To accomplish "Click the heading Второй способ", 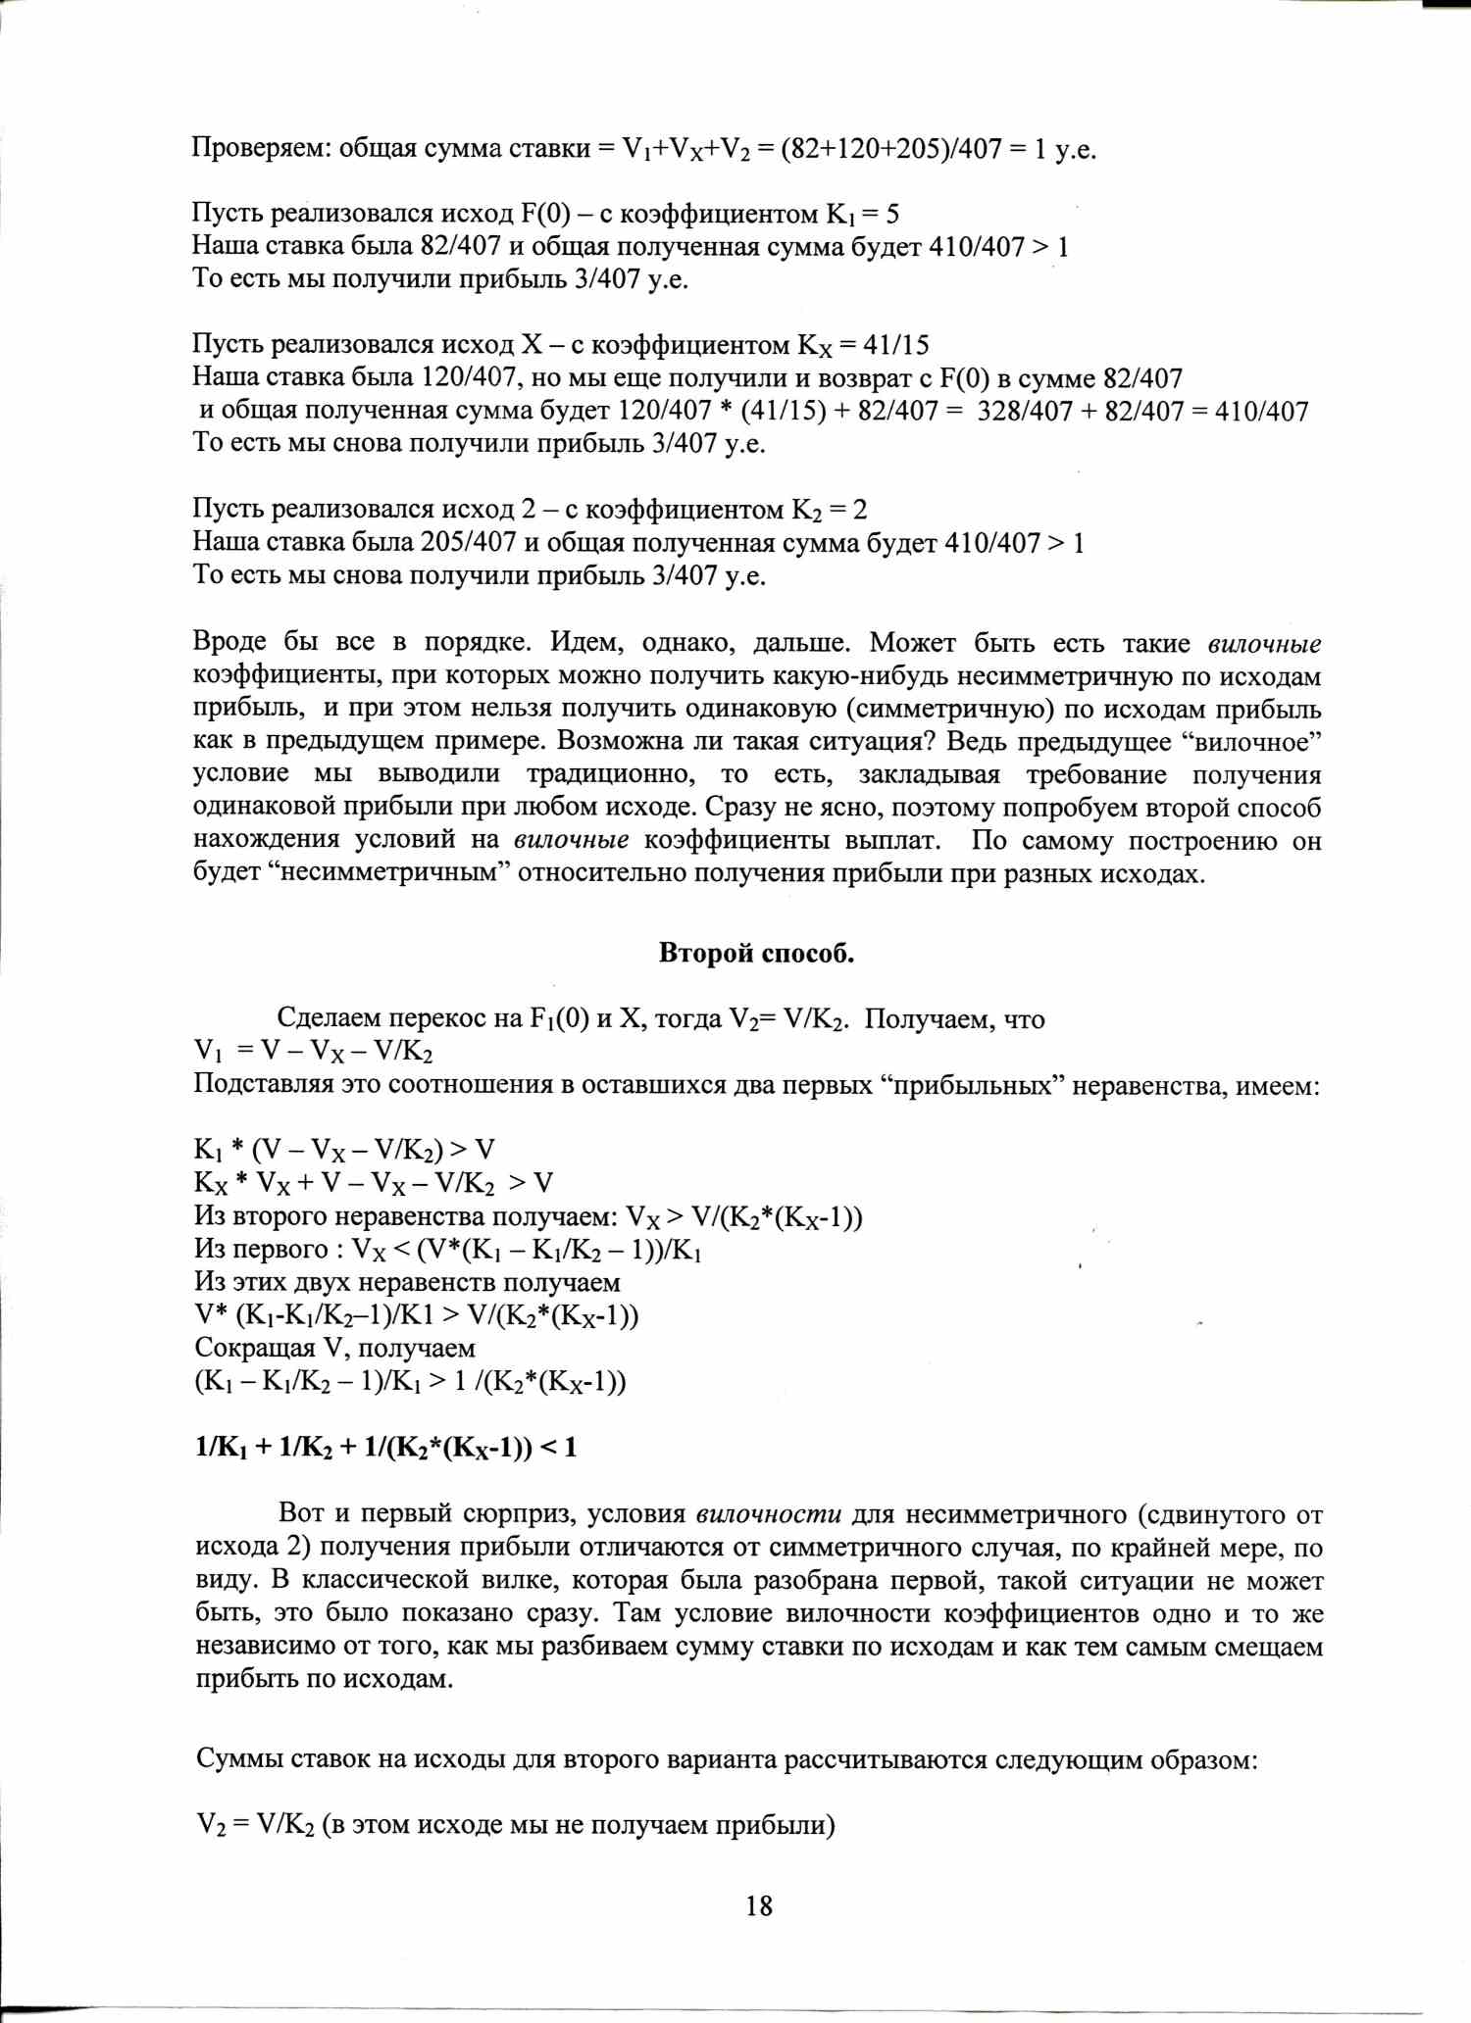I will click(756, 954).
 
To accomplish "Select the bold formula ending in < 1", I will click(386, 1448).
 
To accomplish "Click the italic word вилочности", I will click(769, 1514).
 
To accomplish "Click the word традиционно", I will click(611, 774).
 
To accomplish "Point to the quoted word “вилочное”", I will click(1254, 742).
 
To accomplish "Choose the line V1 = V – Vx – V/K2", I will click(314, 1052).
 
